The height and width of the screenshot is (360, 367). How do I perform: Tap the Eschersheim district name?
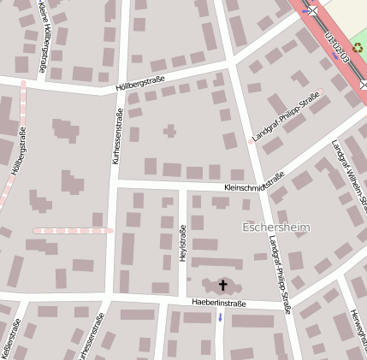(x=276, y=227)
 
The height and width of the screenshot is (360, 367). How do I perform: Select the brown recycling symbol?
(x=358, y=50)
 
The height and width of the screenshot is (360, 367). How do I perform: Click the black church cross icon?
(x=224, y=285)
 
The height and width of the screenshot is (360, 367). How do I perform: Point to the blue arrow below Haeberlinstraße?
(x=220, y=317)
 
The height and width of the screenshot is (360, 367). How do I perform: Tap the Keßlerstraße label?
(x=11, y=339)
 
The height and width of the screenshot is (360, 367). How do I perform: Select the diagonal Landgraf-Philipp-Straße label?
(x=286, y=117)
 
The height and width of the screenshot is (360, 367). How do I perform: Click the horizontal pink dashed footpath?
(x=73, y=231)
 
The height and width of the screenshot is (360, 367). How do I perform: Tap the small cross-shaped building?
(x=169, y=131)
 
